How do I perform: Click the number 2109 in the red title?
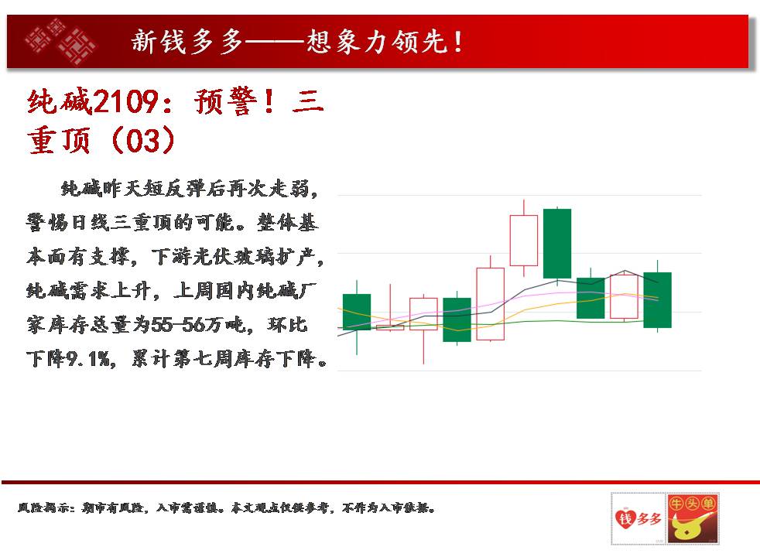125,101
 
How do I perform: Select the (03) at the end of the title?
142,141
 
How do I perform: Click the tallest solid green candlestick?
557,244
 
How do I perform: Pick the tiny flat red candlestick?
390,328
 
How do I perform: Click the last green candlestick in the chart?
657,300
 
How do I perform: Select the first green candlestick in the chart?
357,312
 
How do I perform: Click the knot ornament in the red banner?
60,42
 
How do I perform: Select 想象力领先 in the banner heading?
377,42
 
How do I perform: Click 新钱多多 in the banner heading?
187,42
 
